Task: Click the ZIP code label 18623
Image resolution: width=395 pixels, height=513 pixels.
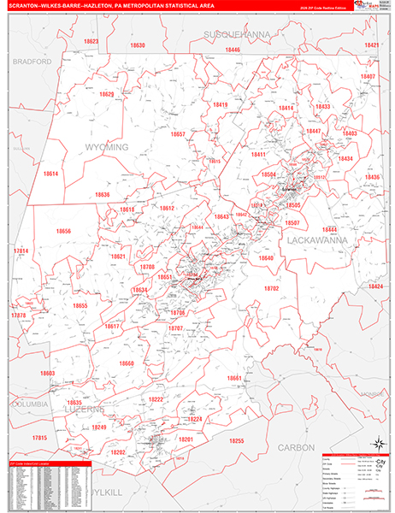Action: click(x=91, y=41)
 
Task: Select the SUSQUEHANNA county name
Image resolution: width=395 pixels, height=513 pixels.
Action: click(x=236, y=33)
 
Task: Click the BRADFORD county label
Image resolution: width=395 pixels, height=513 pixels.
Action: click(x=33, y=62)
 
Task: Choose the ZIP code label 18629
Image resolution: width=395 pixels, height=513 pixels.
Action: click(x=106, y=94)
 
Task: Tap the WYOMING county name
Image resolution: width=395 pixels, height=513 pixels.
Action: click(x=106, y=147)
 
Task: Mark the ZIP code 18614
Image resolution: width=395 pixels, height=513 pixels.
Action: click(x=50, y=174)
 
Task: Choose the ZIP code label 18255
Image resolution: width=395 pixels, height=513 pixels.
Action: click(x=236, y=440)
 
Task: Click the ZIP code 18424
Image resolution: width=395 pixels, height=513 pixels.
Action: click(x=375, y=286)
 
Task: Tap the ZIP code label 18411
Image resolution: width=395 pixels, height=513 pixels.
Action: click(x=258, y=155)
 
